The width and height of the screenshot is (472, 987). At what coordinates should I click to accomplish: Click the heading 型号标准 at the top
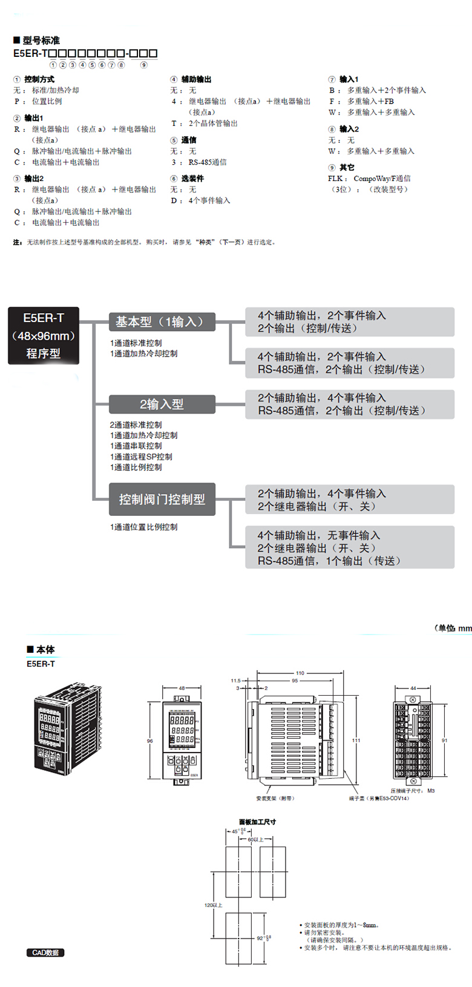(41, 41)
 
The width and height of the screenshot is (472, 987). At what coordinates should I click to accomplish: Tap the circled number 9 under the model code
(143, 65)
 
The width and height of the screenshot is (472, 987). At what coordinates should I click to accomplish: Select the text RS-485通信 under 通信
(208, 162)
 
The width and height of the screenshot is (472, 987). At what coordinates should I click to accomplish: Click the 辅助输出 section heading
(196, 79)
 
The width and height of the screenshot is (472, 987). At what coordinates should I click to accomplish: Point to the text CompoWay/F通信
(382, 179)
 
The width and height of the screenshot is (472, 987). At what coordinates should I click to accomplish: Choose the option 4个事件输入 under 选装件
(209, 200)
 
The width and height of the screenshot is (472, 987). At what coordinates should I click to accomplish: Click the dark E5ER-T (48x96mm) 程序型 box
(44, 335)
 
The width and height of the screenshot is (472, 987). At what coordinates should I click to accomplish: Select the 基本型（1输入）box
(162, 322)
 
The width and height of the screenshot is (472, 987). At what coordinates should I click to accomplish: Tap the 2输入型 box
(162, 404)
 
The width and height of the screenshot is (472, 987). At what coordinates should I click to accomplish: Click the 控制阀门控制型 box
(162, 499)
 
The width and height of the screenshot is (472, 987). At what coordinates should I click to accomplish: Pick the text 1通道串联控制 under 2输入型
(136, 446)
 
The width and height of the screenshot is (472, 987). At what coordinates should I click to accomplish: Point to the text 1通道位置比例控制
(144, 527)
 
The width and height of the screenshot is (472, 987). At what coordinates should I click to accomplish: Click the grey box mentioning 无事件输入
(349, 547)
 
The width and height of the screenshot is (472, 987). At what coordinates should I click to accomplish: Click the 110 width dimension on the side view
(300, 673)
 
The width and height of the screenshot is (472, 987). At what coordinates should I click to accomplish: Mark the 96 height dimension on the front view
(150, 741)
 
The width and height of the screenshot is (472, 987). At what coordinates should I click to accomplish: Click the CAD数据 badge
(45, 952)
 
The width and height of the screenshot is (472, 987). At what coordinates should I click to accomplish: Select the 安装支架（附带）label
(275, 799)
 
